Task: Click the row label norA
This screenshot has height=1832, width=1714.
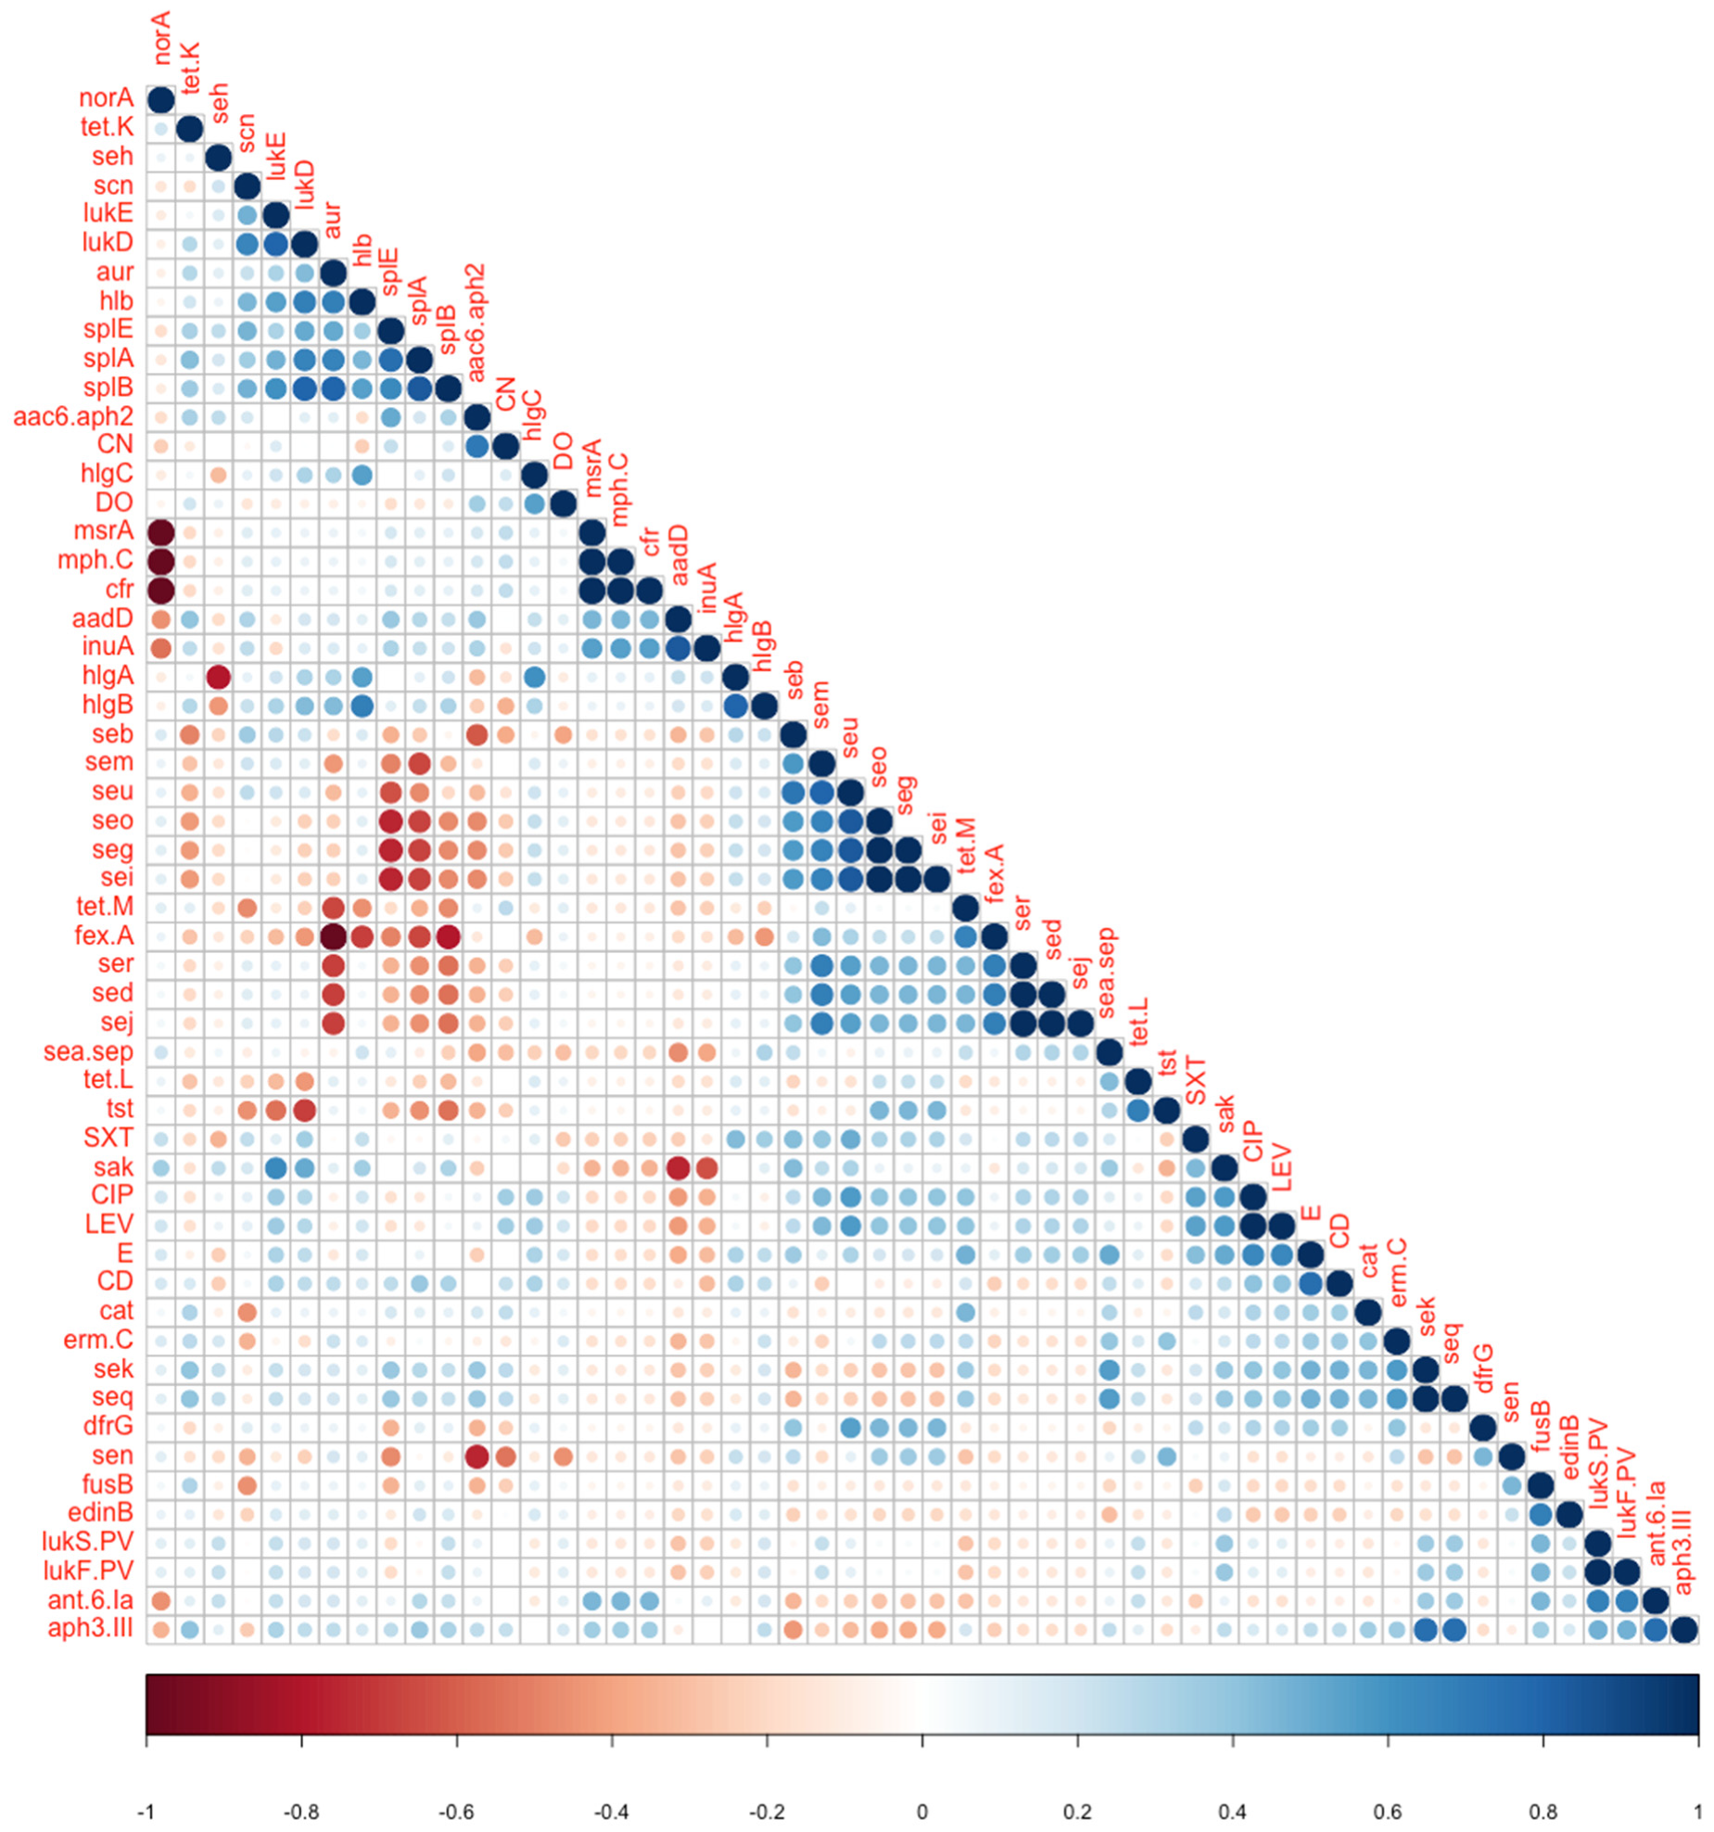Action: tap(106, 97)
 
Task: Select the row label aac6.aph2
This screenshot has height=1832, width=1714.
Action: tap(73, 416)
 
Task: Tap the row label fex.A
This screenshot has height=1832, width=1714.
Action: tap(104, 935)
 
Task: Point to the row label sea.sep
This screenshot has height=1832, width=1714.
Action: tap(88, 1051)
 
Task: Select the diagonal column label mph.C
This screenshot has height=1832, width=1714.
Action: tap(619, 490)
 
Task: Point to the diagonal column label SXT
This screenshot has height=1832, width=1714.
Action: tap(1195, 1080)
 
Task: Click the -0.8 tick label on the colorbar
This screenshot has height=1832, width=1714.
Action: tap(301, 1811)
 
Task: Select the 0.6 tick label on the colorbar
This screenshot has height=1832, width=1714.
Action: tap(1388, 1811)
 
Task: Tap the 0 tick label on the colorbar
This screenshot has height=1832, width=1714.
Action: tap(922, 1811)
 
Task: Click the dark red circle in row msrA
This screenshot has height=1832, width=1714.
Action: tap(161, 532)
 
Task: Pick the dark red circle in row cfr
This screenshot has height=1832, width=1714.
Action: tap(161, 590)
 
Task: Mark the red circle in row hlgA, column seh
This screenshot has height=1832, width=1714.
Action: tap(218, 677)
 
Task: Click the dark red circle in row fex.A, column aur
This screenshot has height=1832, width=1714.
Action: tap(333, 936)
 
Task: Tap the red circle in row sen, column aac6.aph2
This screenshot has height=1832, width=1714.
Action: tap(476, 1456)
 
